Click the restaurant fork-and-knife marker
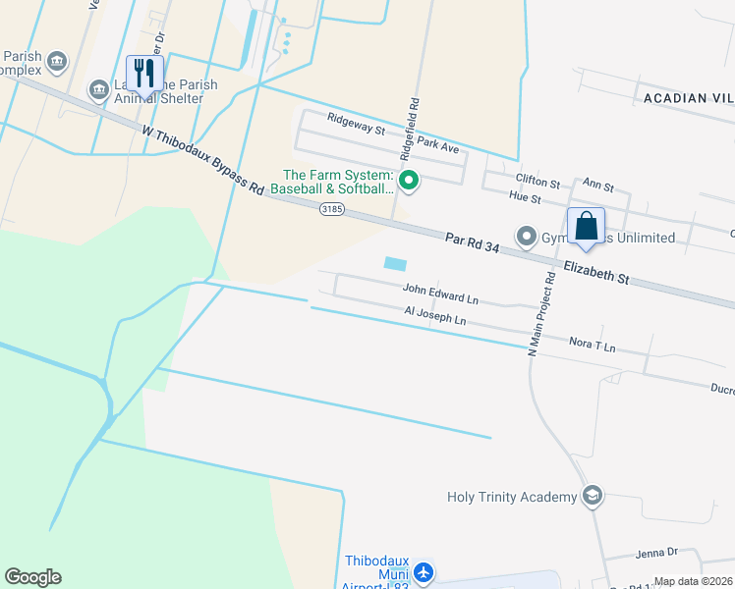click(146, 72)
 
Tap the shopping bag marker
click(586, 227)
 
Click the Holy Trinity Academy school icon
click(592, 496)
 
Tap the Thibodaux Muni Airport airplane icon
click(424, 570)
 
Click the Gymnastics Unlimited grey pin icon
click(526, 237)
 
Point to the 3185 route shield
click(332, 208)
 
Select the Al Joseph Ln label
click(434, 314)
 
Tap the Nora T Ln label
click(593, 345)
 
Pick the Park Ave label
click(437, 146)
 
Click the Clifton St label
click(537, 183)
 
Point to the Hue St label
click(525, 198)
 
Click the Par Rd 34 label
click(473, 242)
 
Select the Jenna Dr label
click(656, 554)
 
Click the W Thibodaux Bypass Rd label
click(202, 159)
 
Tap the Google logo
click(32, 577)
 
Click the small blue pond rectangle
click(395, 264)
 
